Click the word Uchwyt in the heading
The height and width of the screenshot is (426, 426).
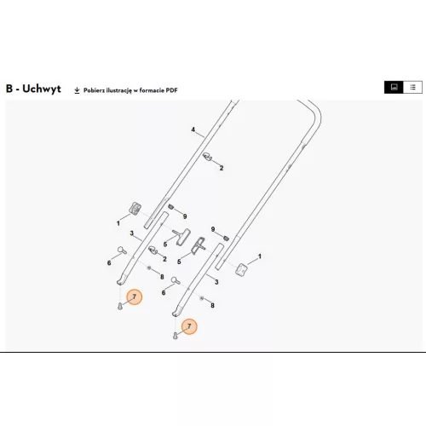pos(42,89)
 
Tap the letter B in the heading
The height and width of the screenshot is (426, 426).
pos(9,89)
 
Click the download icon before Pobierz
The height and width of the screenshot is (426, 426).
pos(77,90)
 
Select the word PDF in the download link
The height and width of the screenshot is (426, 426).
pos(172,90)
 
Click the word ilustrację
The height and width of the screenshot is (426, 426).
pos(118,90)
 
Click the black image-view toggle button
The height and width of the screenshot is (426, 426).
pos(394,87)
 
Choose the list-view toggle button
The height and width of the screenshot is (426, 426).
pos(412,87)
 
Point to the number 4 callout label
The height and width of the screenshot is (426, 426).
pos(193,130)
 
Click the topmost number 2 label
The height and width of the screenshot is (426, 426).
pos(222,168)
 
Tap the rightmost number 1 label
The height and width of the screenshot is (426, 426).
pos(259,256)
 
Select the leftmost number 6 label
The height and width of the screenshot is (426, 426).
pos(109,263)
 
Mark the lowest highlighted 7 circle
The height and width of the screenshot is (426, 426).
pos(189,326)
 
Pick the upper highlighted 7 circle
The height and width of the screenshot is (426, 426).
pos(135,296)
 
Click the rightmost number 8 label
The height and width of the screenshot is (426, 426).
pos(212,306)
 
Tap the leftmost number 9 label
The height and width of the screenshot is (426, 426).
pos(185,216)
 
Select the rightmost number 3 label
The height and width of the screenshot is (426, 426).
pos(216,282)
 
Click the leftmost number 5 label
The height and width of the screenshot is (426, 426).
pos(165,245)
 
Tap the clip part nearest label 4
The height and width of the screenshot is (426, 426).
pos(208,156)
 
